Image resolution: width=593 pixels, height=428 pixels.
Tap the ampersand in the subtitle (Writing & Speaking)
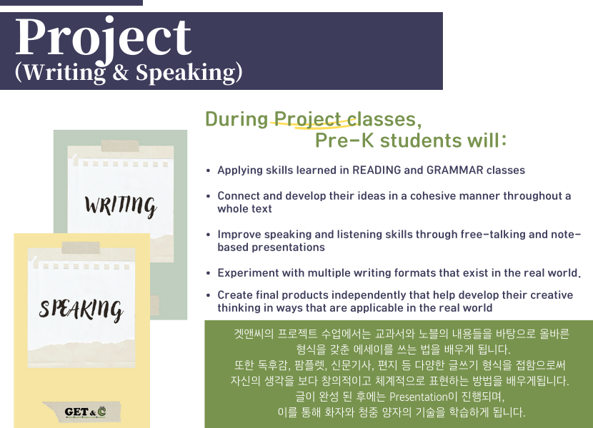[121, 72]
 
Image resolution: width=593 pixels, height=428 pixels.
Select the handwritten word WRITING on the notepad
[121, 206]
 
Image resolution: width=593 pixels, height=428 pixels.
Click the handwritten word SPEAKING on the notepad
[81, 310]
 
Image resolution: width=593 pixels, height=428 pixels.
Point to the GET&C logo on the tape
[85, 412]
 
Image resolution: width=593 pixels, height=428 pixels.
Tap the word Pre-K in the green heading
[344, 140]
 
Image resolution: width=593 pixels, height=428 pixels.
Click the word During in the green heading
[236, 119]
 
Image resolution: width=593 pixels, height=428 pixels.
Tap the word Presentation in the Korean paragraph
[418, 397]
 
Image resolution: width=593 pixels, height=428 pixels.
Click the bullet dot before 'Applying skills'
[208, 170]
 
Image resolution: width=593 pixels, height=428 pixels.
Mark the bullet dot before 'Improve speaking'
[208, 235]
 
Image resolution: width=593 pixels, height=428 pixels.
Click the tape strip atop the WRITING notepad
[119, 146]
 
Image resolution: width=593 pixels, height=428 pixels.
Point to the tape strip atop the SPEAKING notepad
[81, 248]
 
